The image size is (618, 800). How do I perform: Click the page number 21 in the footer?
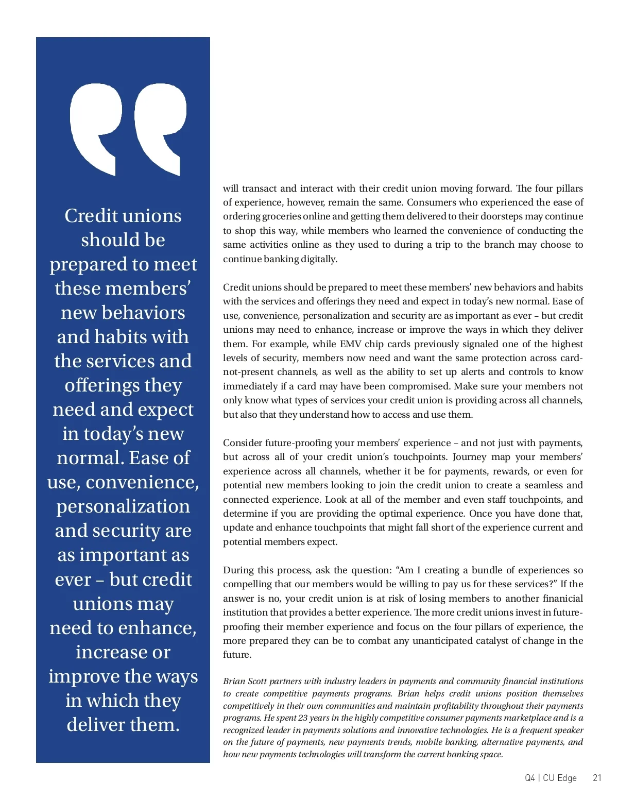[597, 778]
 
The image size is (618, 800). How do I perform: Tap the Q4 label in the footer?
[530, 778]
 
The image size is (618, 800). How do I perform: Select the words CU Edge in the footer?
[560, 778]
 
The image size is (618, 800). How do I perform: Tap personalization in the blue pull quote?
[123, 506]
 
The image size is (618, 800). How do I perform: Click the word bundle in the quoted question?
[487, 570]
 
